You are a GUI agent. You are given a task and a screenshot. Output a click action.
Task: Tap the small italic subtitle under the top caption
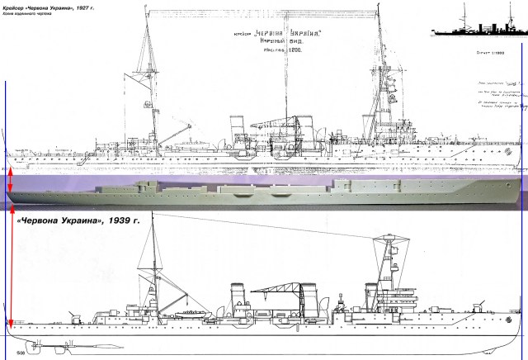point(27,15)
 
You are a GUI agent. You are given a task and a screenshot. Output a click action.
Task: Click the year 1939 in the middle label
point(124,220)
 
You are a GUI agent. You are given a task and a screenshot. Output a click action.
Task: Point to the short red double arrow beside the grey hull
point(10,183)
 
